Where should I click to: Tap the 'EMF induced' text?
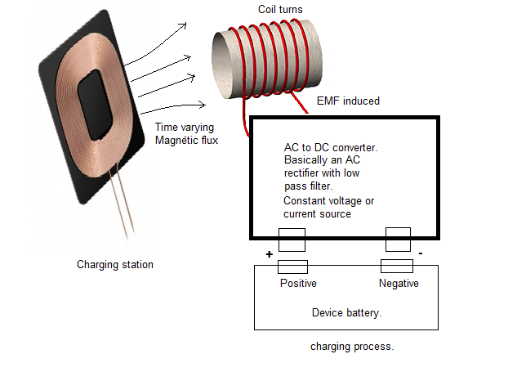(x=348, y=101)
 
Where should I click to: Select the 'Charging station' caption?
(x=115, y=264)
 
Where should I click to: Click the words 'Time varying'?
(x=185, y=128)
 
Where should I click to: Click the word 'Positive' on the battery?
(x=297, y=284)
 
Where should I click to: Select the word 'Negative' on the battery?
(x=399, y=284)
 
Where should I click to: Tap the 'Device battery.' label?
(x=347, y=312)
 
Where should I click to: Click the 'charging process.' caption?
(x=352, y=346)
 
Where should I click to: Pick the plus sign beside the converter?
(x=269, y=254)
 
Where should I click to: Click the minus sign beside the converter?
(x=421, y=253)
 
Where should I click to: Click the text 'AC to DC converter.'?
(x=330, y=147)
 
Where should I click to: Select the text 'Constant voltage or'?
(x=329, y=201)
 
